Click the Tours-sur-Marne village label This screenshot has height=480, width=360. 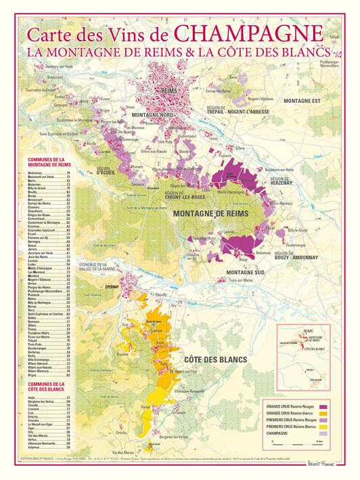(240, 280)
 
